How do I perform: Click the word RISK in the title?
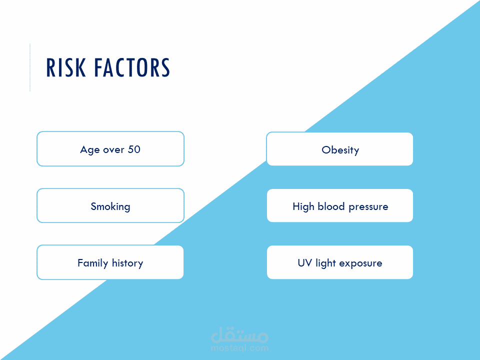tap(66, 67)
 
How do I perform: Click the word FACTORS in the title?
tap(132, 67)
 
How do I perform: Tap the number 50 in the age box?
tap(134, 149)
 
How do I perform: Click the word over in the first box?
tap(113, 150)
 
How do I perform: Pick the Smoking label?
tap(110, 207)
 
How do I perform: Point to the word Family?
tap(93, 263)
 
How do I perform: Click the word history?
tap(127, 263)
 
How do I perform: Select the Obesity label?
tap(340, 150)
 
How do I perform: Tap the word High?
tap(303, 207)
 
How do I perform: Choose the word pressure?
tap(368, 207)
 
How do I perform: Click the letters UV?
tap(305, 263)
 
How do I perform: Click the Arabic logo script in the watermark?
tap(239, 335)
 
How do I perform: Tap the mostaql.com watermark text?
tap(239, 348)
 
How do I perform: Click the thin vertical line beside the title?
tap(30, 67)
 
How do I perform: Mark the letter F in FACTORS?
tap(98, 67)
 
